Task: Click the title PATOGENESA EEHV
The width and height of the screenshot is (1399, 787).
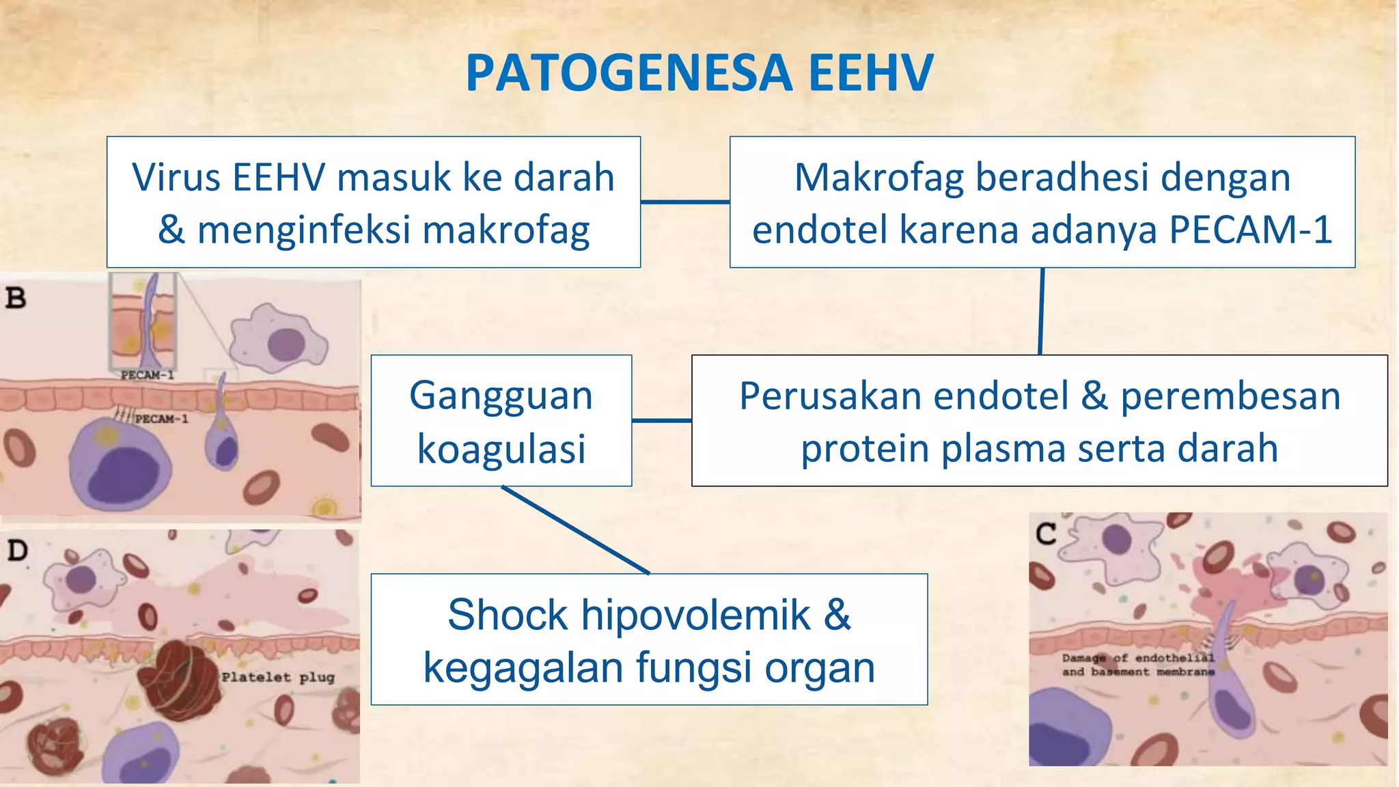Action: point(699,72)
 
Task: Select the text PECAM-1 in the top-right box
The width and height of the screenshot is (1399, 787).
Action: point(1250,230)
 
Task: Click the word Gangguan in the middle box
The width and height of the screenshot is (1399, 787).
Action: point(501,396)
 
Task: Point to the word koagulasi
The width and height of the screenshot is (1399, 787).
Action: point(501,449)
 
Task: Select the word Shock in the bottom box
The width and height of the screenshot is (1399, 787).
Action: point(507,614)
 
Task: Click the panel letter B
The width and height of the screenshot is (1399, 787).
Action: point(16,298)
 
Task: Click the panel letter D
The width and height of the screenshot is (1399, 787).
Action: point(17,550)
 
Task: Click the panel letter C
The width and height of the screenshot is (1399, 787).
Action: point(1045,534)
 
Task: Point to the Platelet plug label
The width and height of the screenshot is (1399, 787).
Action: point(277,677)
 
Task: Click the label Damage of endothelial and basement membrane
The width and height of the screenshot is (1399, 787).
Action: point(1137,665)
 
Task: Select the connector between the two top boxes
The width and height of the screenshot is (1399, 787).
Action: point(684,202)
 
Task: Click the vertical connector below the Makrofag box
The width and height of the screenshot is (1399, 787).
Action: point(1041,311)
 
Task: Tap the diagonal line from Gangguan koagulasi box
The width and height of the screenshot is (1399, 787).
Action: point(575,529)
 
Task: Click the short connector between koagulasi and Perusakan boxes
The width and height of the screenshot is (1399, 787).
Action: point(661,420)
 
